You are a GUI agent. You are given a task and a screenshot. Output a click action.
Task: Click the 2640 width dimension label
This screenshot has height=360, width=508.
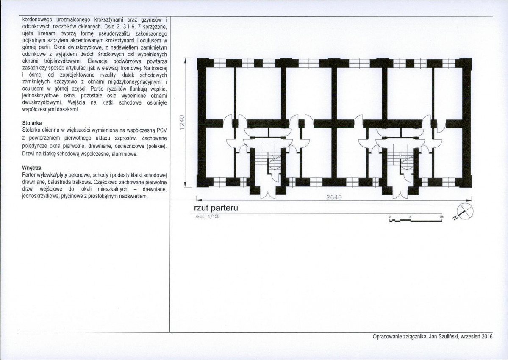pyautogui.click(x=333, y=197)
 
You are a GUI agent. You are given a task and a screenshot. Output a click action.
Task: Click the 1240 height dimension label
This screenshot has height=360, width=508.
pyautogui.click(x=181, y=123)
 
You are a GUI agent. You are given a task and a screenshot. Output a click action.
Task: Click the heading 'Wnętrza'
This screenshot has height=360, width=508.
pyautogui.click(x=31, y=168)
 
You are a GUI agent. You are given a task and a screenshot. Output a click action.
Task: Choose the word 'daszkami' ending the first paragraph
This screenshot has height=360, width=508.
pyautogui.click(x=67, y=109)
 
